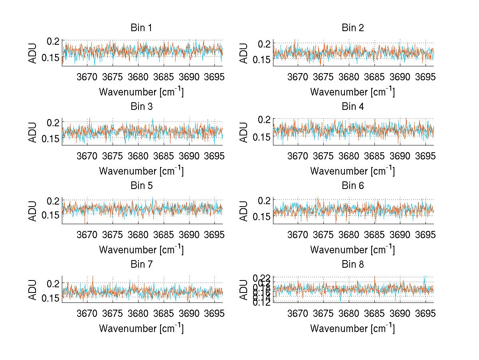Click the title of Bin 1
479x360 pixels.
point(141,28)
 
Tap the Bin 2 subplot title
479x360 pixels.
point(352,28)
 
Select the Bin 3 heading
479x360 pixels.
point(141,107)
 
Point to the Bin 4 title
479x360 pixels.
point(352,107)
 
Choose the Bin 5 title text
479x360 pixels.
point(141,186)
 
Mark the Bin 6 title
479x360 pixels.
point(352,186)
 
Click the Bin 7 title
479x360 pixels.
point(141,265)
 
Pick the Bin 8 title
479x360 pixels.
point(352,265)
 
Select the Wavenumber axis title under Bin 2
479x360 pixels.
point(352,92)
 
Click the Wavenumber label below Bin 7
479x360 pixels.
point(141,328)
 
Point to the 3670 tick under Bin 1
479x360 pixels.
point(87,77)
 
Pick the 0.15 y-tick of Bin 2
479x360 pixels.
point(263,60)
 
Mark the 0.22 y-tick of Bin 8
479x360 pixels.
point(263,277)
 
